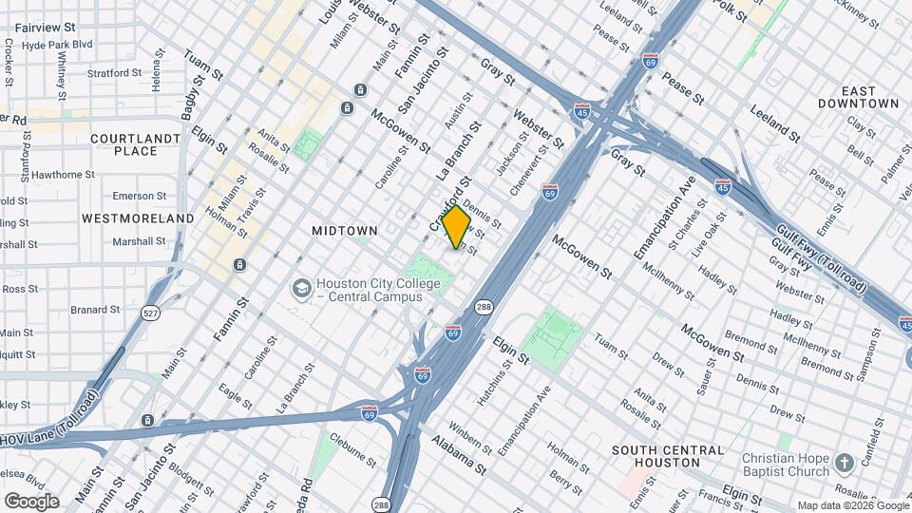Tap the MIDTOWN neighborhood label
(x=345, y=231)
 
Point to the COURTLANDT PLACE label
(x=135, y=144)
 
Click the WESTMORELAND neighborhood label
(x=138, y=218)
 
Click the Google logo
(x=30, y=502)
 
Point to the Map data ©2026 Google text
(x=852, y=505)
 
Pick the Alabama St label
(x=458, y=455)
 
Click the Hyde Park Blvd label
(x=57, y=45)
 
